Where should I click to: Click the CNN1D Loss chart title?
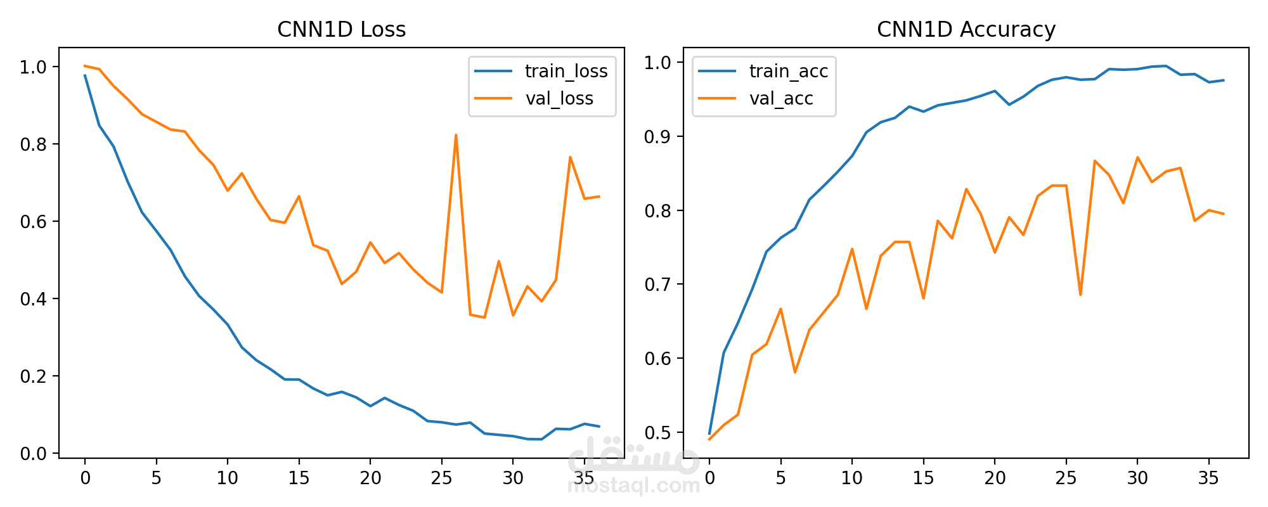pyautogui.click(x=341, y=30)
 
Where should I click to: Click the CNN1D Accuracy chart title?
pyautogui.click(x=966, y=30)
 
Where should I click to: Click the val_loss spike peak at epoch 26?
pyautogui.click(x=456, y=135)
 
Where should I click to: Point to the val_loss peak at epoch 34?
pyautogui.click(x=570, y=157)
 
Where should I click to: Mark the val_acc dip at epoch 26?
pyautogui.click(x=1080, y=295)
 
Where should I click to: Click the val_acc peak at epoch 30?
pyautogui.click(x=1137, y=157)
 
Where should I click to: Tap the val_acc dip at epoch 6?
pyautogui.click(x=795, y=372)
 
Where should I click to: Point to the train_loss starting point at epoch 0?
pyautogui.click(x=85, y=75)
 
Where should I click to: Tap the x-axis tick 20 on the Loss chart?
pyautogui.click(x=370, y=478)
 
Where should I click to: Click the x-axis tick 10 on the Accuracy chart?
pyautogui.click(x=852, y=478)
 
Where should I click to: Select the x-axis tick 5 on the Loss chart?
pyautogui.click(x=156, y=478)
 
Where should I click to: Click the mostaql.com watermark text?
pyautogui.click(x=633, y=486)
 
